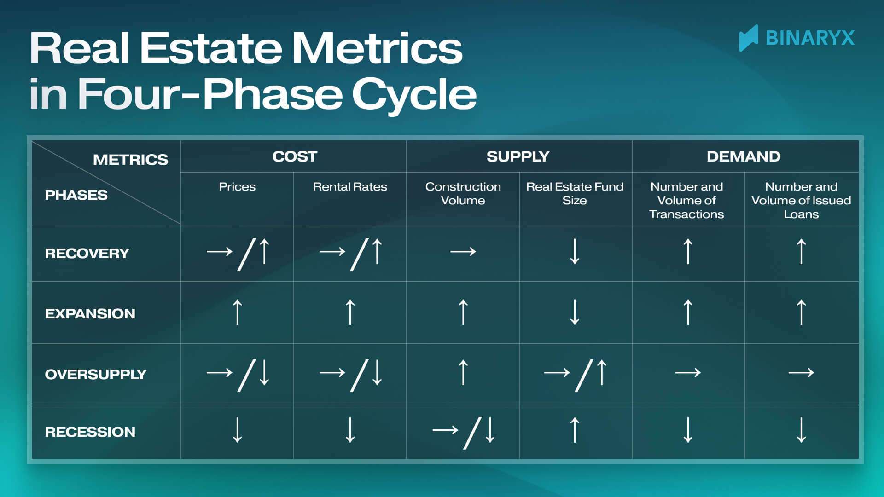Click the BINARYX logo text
pos(809,38)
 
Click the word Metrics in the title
pos(377,48)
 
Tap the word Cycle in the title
pos(413,94)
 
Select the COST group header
pos(295,156)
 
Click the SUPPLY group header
pos(518,156)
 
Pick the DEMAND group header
pos(744,156)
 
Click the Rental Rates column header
pos(350,187)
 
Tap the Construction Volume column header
pos(463,194)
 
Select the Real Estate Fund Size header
pos(575,194)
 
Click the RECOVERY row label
pos(87,254)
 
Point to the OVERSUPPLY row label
pos(95,375)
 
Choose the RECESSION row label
pos(90,432)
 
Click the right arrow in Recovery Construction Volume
pos(463,252)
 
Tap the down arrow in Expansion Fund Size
pos(575,312)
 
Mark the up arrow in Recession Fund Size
pos(575,430)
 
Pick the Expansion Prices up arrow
pos(237,312)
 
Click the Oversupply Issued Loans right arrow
pos(801,372)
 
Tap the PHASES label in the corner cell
pos(76,195)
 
